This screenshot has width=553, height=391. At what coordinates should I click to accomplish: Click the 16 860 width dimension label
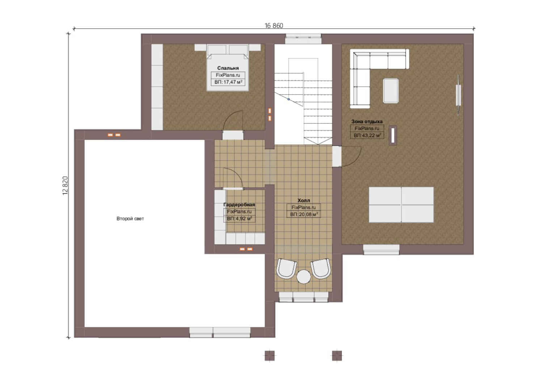point(274,26)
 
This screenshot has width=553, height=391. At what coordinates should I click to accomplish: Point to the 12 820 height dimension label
point(65,185)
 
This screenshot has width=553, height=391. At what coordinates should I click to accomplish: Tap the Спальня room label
point(228,68)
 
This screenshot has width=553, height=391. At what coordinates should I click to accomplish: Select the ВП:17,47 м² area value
point(228,82)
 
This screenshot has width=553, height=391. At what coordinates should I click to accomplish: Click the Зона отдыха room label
point(367,122)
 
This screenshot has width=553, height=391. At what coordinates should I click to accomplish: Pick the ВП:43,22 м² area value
point(367,135)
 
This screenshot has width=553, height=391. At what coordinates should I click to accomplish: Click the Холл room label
point(304,200)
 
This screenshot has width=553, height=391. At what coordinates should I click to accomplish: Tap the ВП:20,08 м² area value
point(304,214)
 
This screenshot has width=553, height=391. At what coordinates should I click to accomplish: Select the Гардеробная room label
point(239,205)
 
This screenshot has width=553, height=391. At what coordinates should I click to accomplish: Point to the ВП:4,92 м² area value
point(239,219)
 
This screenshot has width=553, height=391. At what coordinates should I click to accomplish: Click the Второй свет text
point(130,219)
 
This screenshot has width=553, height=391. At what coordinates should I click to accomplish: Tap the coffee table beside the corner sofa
point(391,91)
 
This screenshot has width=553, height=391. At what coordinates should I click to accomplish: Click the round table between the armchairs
point(304,277)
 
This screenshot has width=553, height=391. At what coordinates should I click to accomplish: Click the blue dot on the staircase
point(288,99)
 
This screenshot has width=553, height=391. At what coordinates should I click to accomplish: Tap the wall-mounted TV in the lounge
point(459,95)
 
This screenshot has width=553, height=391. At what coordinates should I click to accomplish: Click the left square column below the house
point(270,356)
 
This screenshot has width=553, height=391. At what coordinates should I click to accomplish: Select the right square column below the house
point(337,356)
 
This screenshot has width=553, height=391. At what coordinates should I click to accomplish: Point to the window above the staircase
point(303,39)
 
